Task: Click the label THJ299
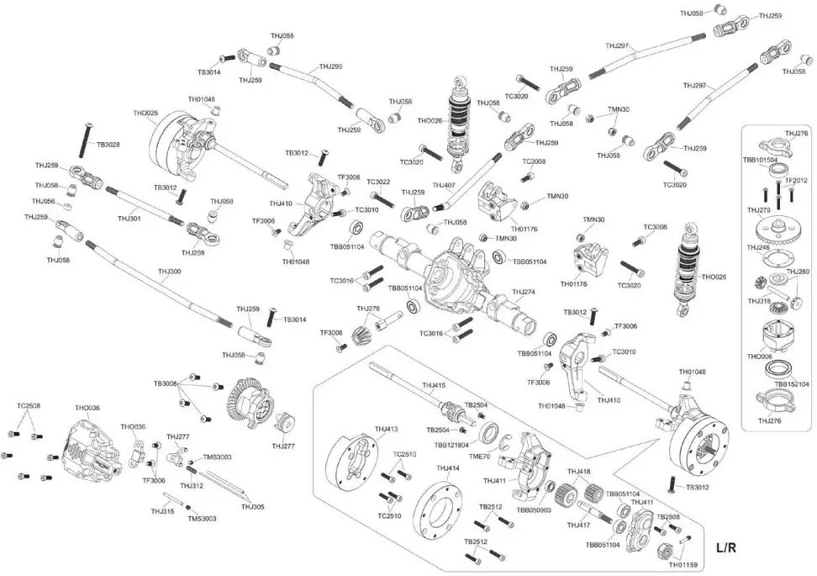(x=330, y=66)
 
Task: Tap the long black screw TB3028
(x=86, y=140)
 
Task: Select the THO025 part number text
(x=145, y=113)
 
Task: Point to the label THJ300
(x=169, y=272)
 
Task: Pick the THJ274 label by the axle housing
(x=524, y=293)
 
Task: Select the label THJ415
(x=434, y=386)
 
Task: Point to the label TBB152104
(x=792, y=383)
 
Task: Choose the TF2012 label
(x=796, y=180)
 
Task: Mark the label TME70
(x=479, y=457)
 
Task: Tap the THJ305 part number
(x=252, y=506)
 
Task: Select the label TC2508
(x=29, y=405)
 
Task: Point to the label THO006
(x=759, y=357)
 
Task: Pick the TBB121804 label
(x=451, y=444)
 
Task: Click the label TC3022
(x=377, y=182)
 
